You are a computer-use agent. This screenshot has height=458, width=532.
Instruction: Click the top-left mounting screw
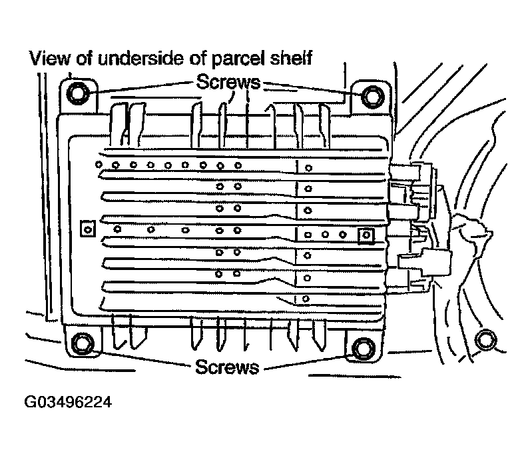pos(78,93)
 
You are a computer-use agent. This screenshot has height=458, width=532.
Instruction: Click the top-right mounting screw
pos(373,97)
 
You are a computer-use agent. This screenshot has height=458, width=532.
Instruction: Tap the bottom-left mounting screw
pos(83,343)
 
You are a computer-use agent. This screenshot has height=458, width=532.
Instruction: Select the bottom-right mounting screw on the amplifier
pos(364,348)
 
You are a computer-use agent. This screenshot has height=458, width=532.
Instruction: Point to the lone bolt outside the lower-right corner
pos(485,340)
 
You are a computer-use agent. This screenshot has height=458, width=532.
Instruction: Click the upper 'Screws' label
pos(228,82)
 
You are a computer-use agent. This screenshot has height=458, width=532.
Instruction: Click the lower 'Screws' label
pos(227,367)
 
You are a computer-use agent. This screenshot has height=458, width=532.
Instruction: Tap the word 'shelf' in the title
pos(291,58)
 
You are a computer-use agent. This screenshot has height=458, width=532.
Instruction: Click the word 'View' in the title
pos(49,58)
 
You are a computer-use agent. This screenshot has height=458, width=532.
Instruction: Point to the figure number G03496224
pos(68,402)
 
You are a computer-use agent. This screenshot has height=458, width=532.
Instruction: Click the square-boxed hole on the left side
pos(88,229)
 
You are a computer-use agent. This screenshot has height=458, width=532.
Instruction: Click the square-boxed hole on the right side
pos(366,236)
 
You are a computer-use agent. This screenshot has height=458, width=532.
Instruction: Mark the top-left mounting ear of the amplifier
pos(79,96)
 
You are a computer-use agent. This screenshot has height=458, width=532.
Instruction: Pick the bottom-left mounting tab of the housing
pos(83,341)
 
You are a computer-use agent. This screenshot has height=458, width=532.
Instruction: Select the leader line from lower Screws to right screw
pos(308,363)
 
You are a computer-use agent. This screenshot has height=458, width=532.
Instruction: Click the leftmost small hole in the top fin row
pos(99,165)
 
